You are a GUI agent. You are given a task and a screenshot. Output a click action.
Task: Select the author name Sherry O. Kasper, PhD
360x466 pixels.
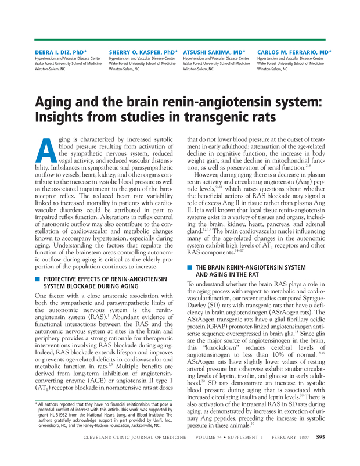(x=143, y=52)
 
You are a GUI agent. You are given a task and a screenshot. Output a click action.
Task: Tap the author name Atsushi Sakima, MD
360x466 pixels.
(x=214, y=52)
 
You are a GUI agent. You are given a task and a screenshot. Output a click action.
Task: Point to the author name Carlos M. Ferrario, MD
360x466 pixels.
(x=294, y=52)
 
